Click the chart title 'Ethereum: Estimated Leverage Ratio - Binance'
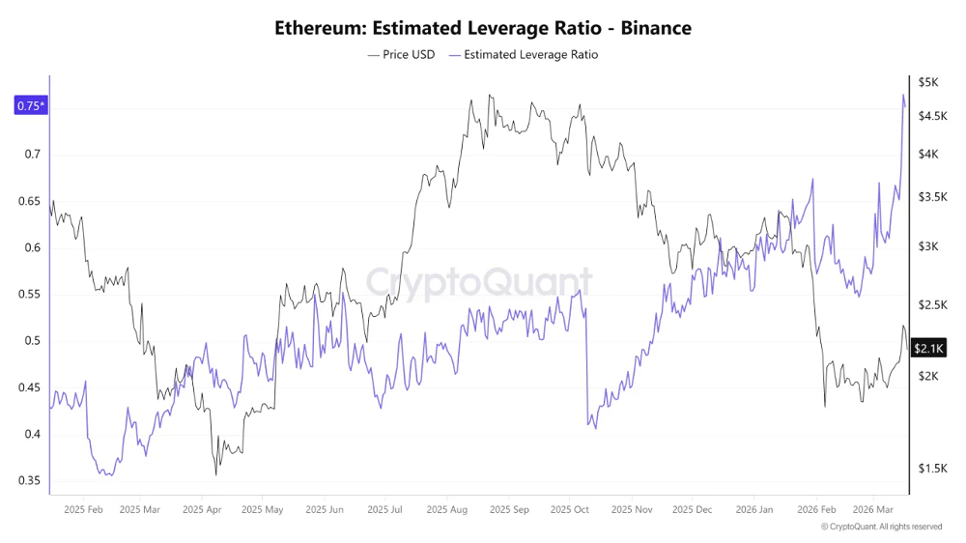point(483,28)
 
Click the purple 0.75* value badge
point(29,106)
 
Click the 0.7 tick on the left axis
point(32,155)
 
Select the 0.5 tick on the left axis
point(32,341)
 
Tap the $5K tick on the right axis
point(928,83)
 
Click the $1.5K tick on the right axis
point(931,469)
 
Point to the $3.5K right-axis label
point(931,197)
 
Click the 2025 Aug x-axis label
point(447,508)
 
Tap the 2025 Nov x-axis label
point(632,508)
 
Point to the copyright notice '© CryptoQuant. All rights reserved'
point(881,527)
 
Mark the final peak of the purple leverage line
point(903,95)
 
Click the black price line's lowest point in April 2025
point(216,474)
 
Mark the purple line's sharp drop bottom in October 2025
point(594,428)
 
